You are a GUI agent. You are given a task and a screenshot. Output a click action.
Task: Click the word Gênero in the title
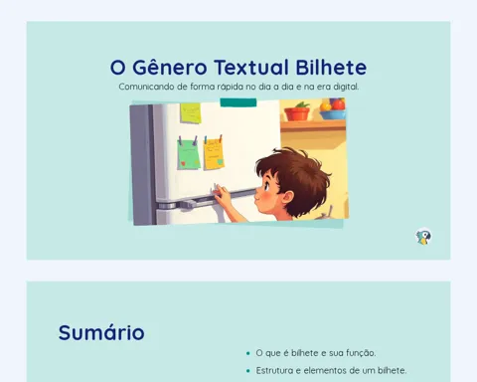(x=170, y=68)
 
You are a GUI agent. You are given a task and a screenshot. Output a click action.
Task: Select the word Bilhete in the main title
(x=331, y=68)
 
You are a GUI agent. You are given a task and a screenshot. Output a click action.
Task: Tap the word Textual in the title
(x=251, y=68)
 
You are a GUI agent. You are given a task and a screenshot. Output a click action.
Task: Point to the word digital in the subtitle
(x=346, y=87)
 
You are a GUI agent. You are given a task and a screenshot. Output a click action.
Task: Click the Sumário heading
(x=101, y=332)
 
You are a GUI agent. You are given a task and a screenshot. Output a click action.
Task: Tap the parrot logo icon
(x=423, y=237)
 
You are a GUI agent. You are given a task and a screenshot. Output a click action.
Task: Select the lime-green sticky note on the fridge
(x=191, y=113)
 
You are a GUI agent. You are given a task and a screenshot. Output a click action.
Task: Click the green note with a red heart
(x=189, y=154)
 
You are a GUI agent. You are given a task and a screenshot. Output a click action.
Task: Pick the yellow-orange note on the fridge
(x=214, y=154)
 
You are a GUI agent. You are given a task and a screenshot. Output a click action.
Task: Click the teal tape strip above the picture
(x=238, y=102)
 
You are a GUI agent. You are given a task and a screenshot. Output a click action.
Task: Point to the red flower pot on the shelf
(x=297, y=112)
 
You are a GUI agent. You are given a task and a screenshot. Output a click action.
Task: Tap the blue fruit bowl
(x=333, y=114)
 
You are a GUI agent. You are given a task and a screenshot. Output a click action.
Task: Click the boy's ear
(x=287, y=199)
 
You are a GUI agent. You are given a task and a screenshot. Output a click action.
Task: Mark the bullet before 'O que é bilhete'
(x=248, y=353)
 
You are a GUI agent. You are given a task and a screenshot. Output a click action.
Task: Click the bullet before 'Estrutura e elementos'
(x=248, y=371)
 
